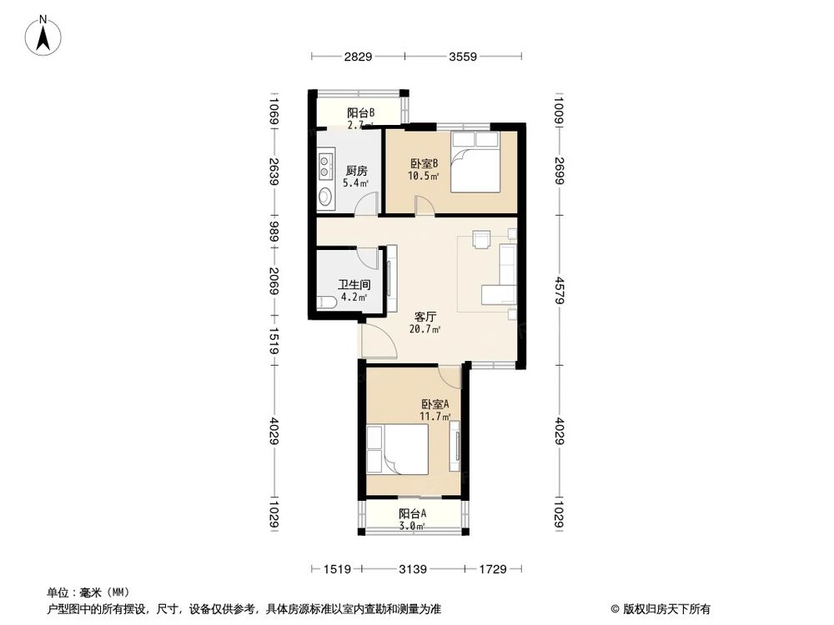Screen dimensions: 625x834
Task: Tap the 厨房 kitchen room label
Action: pos(356,170)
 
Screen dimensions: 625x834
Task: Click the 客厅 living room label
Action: pos(427,317)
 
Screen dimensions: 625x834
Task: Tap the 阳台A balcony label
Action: pos(411,513)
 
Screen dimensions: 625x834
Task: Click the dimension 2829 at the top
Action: pos(358,57)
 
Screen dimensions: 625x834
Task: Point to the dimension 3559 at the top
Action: pos(463,57)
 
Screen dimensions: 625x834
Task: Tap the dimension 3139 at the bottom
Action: pos(413,569)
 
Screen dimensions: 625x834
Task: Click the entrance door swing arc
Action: pos(374,338)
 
